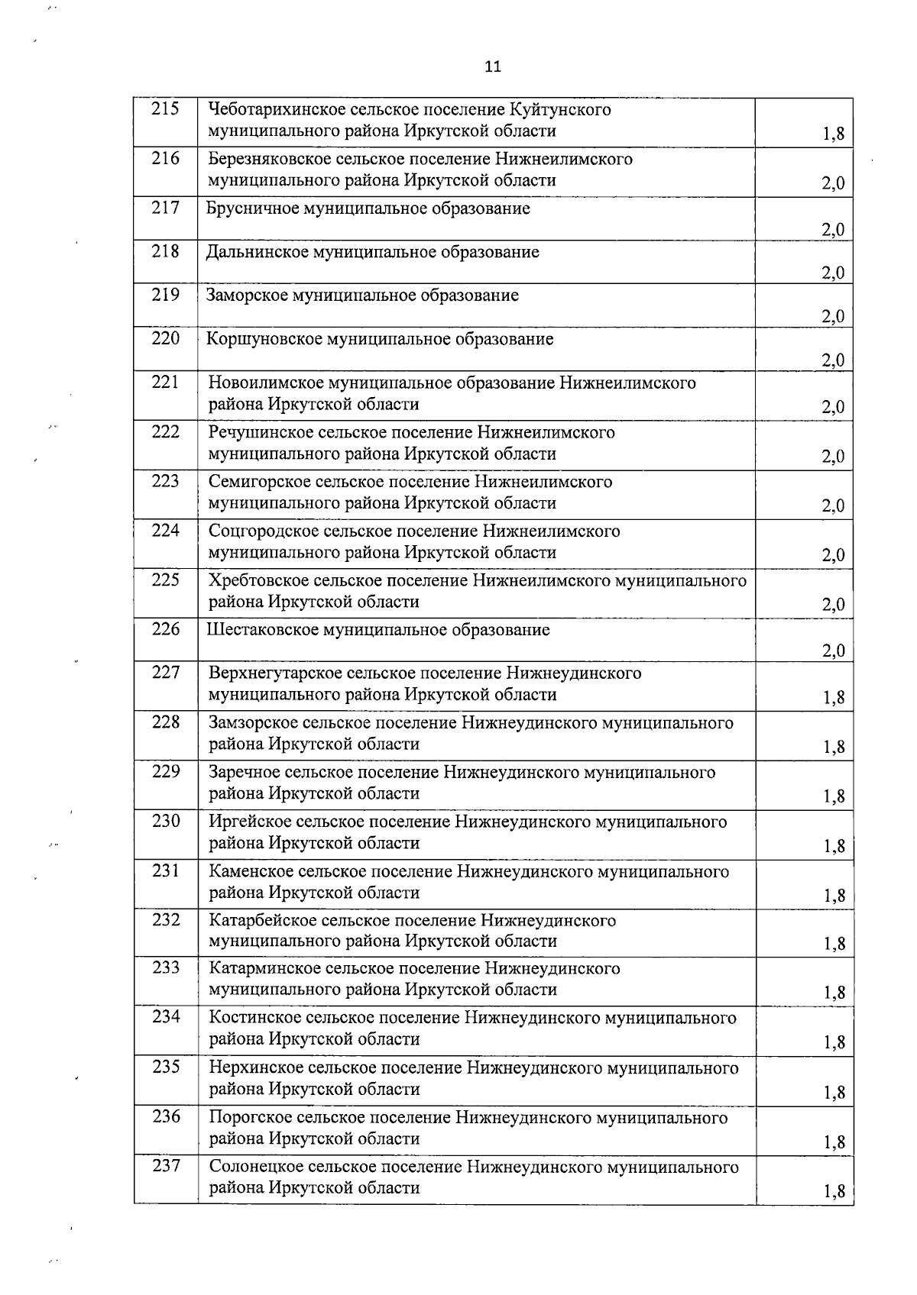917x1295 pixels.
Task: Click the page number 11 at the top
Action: (493, 66)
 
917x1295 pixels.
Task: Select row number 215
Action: (165, 109)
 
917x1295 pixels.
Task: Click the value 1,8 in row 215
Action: (834, 134)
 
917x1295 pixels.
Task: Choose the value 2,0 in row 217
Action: (833, 229)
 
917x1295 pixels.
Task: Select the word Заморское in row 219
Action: (248, 295)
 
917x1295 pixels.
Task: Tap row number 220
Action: (165, 338)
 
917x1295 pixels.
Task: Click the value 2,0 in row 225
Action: (833, 605)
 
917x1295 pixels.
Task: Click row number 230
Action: (165, 822)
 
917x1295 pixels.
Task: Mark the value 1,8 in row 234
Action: (834, 1042)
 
